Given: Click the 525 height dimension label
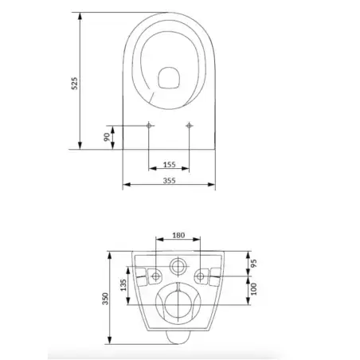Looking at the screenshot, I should pyautogui.click(x=74, y=84).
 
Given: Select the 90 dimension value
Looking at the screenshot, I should pyautogui.click(x=106, y=137).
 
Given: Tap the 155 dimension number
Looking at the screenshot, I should pyautogui.click(x=170, y=164).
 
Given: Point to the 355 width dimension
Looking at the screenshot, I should pyautogui.click(x=170, y=181).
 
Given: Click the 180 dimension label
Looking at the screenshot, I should pyautogui.click(x=178, y=235).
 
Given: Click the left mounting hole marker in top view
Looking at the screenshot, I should pyautogui.click(x=150, y=126).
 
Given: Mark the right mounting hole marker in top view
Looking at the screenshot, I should pyautogui.click(x=189, y=126).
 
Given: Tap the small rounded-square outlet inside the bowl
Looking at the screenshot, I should pyautogui.click(x=168, y=77).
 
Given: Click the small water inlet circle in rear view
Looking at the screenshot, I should pyautogui.click(x=178, y=266).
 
